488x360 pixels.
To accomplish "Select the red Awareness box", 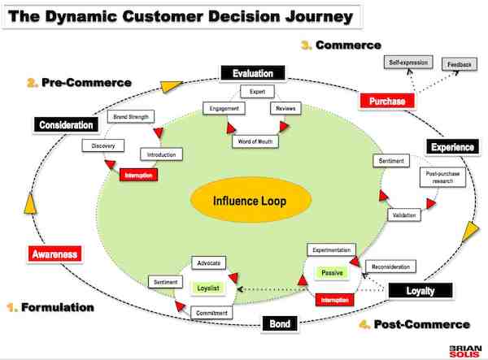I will point(55,254).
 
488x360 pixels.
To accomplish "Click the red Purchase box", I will point(387,101).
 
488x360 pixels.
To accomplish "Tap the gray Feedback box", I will point(457,63).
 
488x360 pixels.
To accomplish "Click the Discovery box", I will point(103,146).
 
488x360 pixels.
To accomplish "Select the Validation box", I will point(400,215).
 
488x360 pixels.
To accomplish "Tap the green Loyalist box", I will point(209,288).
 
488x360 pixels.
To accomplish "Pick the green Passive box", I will point(333,272).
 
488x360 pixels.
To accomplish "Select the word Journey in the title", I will point(302,16).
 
